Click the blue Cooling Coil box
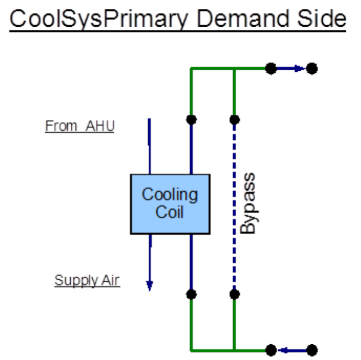(170, 204)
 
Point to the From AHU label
(79, 126)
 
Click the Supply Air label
(87, 280)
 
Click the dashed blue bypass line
(234, 204)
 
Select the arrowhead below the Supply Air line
(149, 286)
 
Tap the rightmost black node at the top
(312, 68)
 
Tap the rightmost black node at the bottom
(312, 350)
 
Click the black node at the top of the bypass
(234, 119)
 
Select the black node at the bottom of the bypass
(234, 294)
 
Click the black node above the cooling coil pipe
(191, 119)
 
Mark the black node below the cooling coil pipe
(191, 294)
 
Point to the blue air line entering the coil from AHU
(149, 147)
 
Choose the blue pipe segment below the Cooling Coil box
(191, 262)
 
